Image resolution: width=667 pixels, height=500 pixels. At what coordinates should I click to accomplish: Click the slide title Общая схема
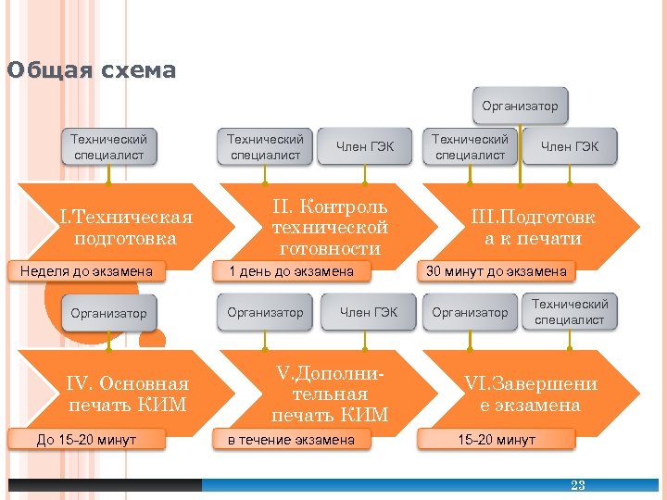click(91, 70)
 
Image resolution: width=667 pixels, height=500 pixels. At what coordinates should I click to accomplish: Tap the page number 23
click(578, 485)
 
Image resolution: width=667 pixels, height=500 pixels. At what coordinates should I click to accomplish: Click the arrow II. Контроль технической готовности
click(330, 228)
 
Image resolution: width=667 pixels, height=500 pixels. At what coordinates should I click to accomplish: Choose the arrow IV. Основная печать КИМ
click(128, 394)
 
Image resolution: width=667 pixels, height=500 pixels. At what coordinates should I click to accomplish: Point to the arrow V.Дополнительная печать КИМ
click(330, 394)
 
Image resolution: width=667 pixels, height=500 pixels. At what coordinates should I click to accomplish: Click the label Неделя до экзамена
click(86, 271)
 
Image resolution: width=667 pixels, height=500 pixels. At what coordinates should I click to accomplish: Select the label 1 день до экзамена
click(291, 271)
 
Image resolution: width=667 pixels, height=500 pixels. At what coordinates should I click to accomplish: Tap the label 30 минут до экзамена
click(495, 271)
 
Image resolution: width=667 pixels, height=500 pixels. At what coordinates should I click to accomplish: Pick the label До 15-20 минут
click(86, 439)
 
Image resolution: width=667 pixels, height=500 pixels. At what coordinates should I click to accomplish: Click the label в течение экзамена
click(291, 439)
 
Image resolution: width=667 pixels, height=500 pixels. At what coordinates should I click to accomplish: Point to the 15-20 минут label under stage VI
click(496, 439)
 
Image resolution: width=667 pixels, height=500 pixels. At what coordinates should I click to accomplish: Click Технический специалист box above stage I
click(108, 146)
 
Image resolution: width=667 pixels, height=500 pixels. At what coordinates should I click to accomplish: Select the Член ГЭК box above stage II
click(365, 146)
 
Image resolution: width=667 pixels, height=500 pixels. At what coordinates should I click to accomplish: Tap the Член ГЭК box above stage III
click(570, 146)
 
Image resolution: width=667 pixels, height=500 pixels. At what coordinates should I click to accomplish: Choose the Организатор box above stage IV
click(108, 313)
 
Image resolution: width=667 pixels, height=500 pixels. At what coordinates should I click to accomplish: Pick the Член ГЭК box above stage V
click(369, 313)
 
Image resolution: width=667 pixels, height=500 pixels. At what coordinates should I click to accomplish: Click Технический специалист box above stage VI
click(570, 312)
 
